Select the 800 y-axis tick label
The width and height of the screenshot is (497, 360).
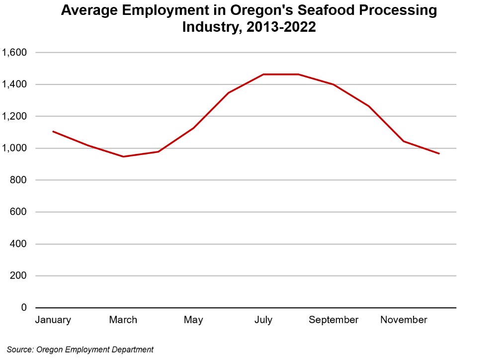pos(18,180)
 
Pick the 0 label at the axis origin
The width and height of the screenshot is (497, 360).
pos(23,308)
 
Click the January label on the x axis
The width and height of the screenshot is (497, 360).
pos(53,320)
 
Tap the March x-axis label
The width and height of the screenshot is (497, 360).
pos(123,320)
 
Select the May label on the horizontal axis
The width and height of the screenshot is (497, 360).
pos(193,320)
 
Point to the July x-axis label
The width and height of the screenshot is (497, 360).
pos(263,320)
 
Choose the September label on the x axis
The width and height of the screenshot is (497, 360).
pos(333,320)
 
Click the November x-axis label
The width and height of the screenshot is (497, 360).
pos(404,320)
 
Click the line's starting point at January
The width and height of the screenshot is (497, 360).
pos(53,132)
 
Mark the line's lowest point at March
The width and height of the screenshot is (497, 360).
pos(123,156)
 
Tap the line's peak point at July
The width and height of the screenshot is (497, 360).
pos(263,74)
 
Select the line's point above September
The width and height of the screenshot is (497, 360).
pos(333,84)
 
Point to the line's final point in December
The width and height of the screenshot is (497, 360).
pos(439,153)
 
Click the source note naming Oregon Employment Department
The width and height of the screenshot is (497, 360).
pos(80,350)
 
